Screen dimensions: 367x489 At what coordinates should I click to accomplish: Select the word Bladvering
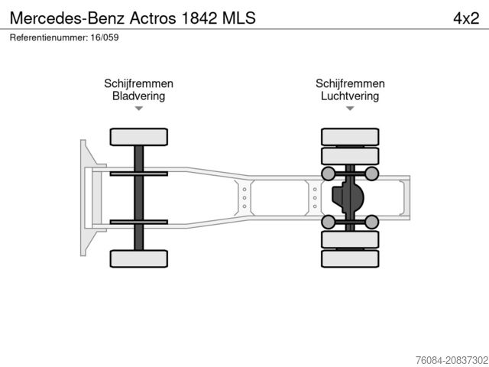(138, 96)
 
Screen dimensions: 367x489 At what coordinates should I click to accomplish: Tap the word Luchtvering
(350, 96)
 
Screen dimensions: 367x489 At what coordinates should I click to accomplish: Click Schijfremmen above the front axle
(138, 84)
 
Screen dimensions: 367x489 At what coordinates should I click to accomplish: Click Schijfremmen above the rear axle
(350, 84)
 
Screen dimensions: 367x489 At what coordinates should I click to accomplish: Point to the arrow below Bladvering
(138, 109)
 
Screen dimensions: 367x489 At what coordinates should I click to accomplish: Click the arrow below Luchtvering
(350, 109)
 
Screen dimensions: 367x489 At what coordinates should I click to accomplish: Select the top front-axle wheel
(138, 138)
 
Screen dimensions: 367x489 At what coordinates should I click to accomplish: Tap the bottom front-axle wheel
(138, 258)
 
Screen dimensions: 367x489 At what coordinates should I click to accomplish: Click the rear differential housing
(348, 198)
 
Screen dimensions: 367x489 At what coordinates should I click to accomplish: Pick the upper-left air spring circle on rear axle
(329, 174)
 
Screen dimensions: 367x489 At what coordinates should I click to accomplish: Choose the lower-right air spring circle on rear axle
(372, 222)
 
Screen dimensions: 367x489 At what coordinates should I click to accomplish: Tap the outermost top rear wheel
(350, 138)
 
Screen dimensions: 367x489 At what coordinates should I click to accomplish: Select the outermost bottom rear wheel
(350, 259)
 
